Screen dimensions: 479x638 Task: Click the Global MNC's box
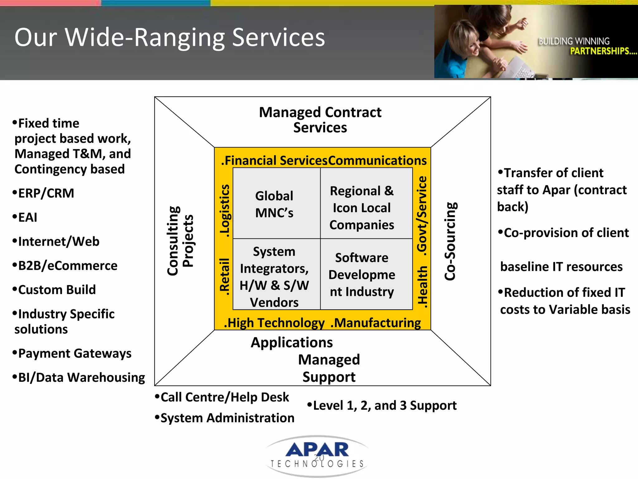(274, 204)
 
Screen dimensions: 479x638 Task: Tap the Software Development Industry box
(362, 274)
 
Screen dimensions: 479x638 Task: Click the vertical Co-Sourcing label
(450, 241)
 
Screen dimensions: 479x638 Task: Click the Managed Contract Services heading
(320, 120)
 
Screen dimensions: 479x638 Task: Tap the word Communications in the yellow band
(377, 160)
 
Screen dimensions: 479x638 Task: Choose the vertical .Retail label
(225, 276)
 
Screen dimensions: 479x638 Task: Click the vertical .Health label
(422, 287)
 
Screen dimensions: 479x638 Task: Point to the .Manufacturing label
(375, 323)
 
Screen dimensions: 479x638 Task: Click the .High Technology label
(274, 323)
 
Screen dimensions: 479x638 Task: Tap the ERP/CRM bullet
(44, 193)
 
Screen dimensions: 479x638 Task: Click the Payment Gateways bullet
(72, 353)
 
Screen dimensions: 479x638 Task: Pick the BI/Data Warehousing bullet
(79, 377)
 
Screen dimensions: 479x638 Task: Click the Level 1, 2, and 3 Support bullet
(382, 405)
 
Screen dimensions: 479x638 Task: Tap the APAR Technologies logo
(317, 456)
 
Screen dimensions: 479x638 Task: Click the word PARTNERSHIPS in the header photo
(603, 51)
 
